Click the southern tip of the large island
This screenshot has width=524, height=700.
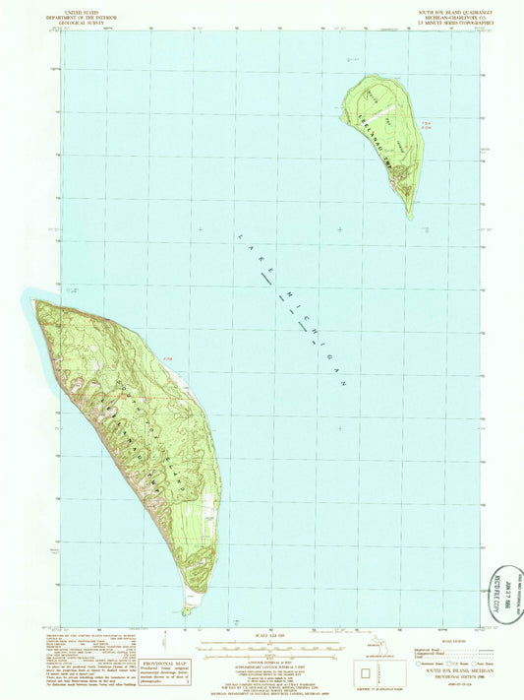pyautogui.click(x=186, y=611)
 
